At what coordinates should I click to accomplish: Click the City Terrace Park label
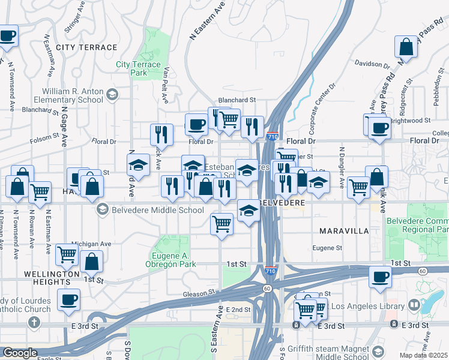tap(138, 68)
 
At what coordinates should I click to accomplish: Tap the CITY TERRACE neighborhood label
tap(86, 47)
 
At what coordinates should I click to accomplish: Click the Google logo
tap(20, 353)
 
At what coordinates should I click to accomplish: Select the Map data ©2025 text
tap(423, 355)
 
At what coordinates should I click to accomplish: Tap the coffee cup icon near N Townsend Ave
tap(7, 36)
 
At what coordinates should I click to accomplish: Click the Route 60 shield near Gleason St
tap(267, 289)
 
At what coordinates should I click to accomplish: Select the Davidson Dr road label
tap(372, 63)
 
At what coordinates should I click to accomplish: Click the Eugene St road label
tap(327, 248)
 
